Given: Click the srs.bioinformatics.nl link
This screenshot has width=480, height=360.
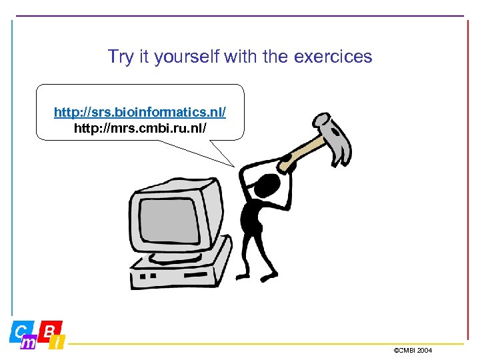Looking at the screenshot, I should (140, 111).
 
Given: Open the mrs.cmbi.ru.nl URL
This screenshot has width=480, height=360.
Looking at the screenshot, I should (140, 127).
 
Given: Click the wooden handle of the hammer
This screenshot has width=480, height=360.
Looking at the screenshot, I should (303, 153).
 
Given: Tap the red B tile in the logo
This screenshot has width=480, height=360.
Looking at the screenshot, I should (50, 329).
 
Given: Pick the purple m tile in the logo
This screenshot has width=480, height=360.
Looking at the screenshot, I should (29, 343).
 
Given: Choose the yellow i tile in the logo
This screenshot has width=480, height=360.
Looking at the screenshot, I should (57, 343).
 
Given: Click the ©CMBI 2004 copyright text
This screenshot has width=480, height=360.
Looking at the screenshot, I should (413, 350).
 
